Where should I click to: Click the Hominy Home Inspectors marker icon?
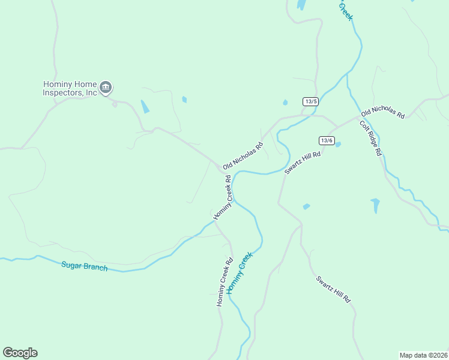(x=106, y=88)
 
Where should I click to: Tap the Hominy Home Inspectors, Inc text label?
(x=70, y=89)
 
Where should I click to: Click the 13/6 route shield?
(x=327, y=140)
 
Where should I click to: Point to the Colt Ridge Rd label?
(x=370, y=139)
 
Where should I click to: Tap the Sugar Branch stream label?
(x=84, y=266)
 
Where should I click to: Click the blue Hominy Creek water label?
(x=240, y=272)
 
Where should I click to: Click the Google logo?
(x=20, y=353)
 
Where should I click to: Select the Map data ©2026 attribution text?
(x=423, y=355)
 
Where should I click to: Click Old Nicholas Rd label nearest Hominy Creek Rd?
(x=243, y=156)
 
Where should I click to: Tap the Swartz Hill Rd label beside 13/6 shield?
(x=303, y=162)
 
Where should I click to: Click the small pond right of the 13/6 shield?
(x=338, y=145)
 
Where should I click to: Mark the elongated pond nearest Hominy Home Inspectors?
(x=145, y=107)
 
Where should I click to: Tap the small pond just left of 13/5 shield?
(x=285, y=103)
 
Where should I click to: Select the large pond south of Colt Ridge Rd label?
(x=376, y=205)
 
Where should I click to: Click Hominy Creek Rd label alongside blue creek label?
(x=224, y=282)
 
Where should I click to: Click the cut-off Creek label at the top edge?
(x=345, y=10)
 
